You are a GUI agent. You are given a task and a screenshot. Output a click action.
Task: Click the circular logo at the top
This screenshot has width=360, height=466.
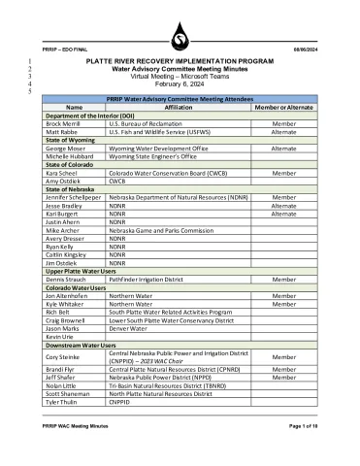click(179, 38)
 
